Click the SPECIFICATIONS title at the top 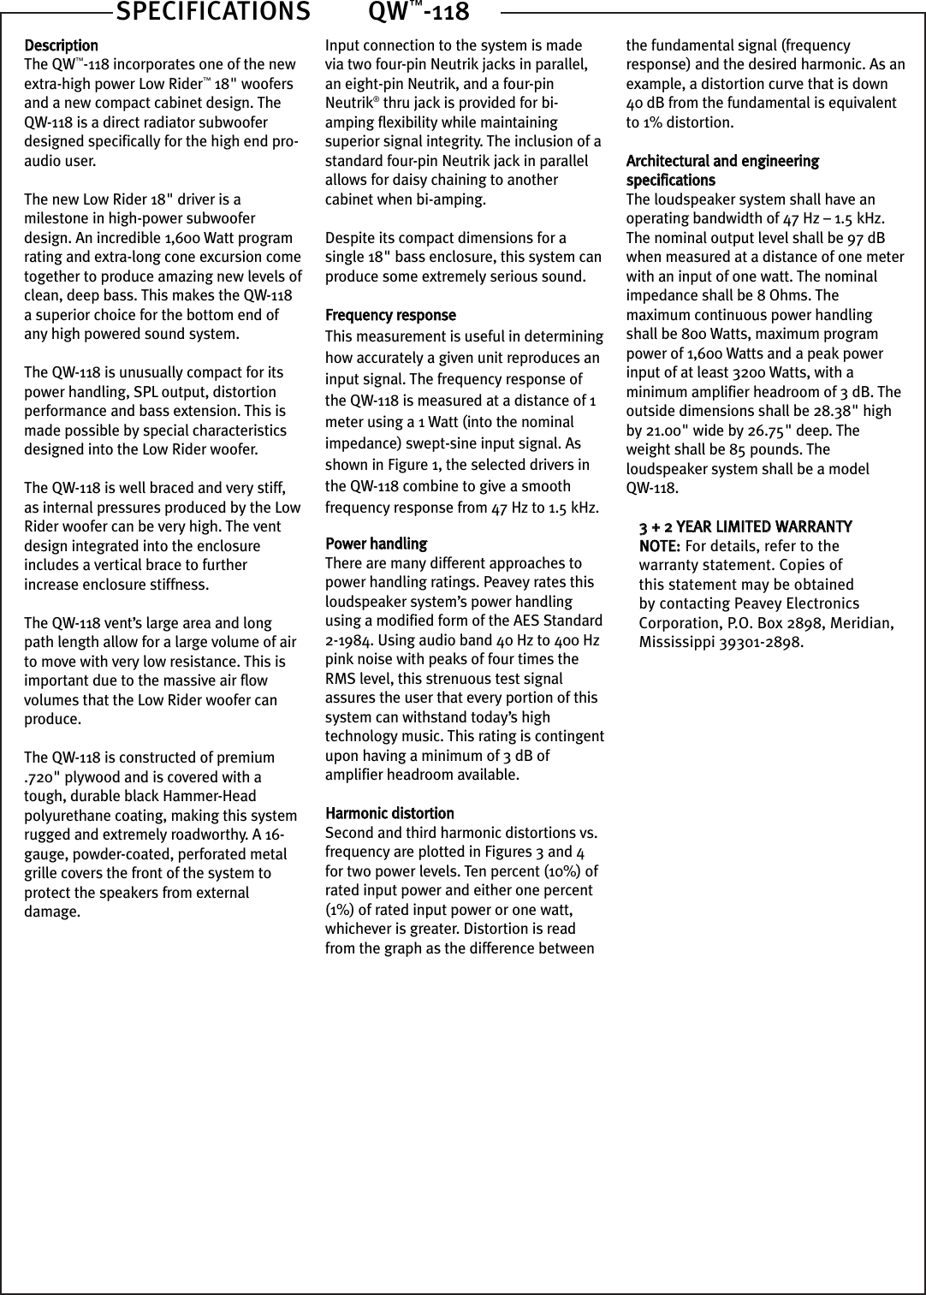pyautogui.click(x=212, y=12)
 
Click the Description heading pyautogui.click(x=61, y=45)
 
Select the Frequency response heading pyautogui.click(x=390, y=315)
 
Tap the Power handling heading pyautogui.click(x=376, y=544)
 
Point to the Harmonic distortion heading pyautogui.click(x=389, y=813)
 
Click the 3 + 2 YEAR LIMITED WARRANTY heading pyautogui.click(x=745, y=526)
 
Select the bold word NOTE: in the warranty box pyautogui.click(x=660, y=546)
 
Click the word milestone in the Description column pyautogui.click(x=56, y=218)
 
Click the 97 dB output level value pyautogui.click(x=865, y=238)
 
